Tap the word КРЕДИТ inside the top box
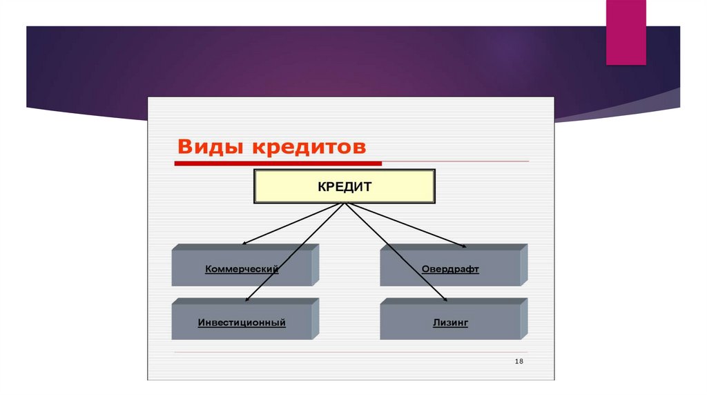point(345,186)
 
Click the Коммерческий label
point(242,269)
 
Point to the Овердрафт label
point(450,269)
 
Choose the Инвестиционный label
point(242,322)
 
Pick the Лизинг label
point(450,322)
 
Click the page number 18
point(519,362)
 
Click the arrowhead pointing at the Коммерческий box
point(244,244)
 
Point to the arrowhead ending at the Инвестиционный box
point(247,300)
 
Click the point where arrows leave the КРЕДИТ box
point(345,204)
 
